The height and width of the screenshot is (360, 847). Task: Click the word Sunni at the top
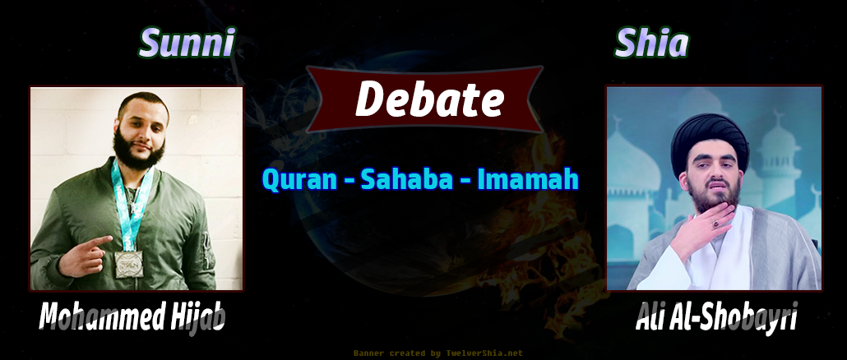coord(187,43)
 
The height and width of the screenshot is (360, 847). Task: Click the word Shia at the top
coord(652,43)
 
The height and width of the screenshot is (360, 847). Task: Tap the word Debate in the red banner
coord(429,99)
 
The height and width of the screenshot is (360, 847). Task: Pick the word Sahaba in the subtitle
coord(407,180)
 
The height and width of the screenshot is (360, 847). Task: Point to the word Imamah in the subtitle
coord(528,180)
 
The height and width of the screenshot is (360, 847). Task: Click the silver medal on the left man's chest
coord(129,264)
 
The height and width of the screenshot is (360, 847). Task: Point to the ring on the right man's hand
coord(715,223)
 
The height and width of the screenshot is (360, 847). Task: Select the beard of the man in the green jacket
coord(138,149)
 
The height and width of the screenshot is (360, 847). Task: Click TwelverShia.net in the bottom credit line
coord(484,353)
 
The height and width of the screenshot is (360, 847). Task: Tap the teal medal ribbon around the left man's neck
coord(131,205)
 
